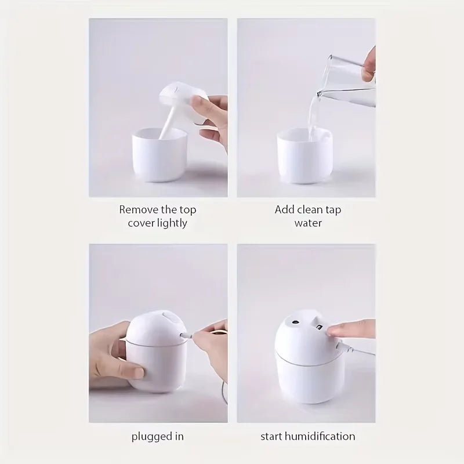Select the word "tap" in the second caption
[x=332, y=209]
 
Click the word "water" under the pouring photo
[x=307, y=223]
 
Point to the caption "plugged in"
[x=157, y=436]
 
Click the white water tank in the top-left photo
[x=159, y=157]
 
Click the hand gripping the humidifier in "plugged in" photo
[x=116, y=354]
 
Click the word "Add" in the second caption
[x=284, y=209]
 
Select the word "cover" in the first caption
[x=139, y=223]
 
